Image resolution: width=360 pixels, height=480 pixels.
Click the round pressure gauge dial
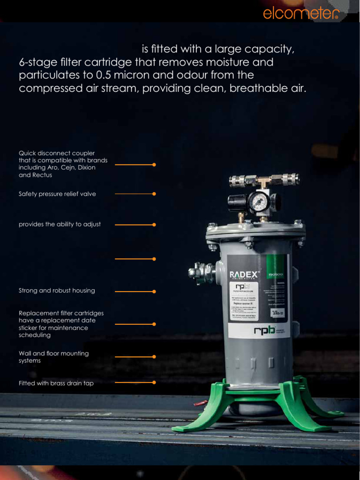click(x=258, y=202)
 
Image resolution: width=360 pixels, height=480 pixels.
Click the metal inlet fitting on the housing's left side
click(x=199, y=272)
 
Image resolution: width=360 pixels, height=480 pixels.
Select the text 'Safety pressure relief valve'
click(x=57, y=194)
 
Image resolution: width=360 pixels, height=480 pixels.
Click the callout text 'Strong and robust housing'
click(x=57, y=291)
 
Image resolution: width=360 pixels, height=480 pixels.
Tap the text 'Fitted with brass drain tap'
click(x=56, y=383)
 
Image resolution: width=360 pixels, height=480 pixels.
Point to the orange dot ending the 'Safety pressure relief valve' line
click(x=154, y=194)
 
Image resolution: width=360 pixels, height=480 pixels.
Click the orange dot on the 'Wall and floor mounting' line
click(x=154, y=357)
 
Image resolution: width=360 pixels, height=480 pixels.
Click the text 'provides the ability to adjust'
click(x=60, y=225)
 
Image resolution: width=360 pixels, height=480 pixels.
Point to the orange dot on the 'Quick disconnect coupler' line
click(x=154, y=165)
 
